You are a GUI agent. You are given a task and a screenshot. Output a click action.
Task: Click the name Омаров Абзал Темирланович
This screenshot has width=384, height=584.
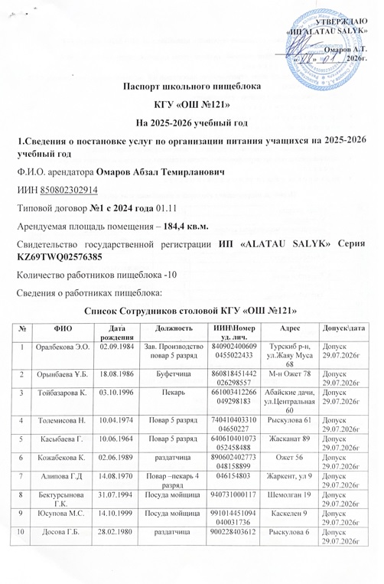[174, 173]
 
